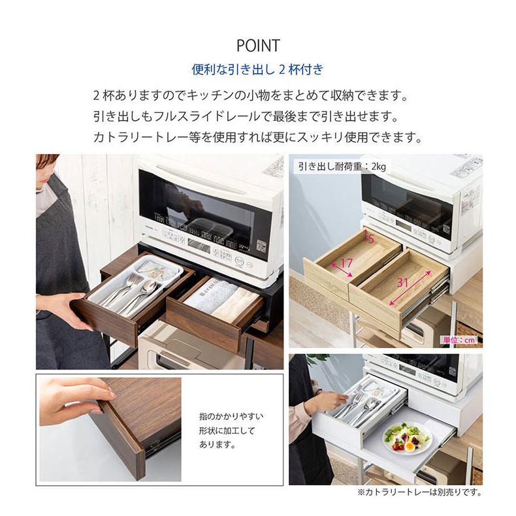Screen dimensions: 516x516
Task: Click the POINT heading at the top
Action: point(257,46)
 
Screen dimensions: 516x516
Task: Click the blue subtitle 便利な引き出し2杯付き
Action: point(257,69)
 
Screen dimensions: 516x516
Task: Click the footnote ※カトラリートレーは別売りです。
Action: point(419,491)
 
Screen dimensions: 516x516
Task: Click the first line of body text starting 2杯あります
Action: point(251,96)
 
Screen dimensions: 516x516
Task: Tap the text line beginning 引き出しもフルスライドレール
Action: point(246,117)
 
